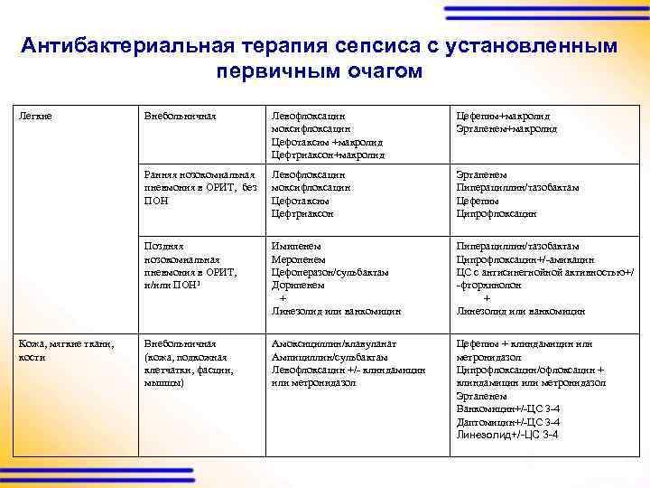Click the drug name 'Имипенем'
295,246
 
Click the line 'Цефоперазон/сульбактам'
330,271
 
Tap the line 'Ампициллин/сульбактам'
328,357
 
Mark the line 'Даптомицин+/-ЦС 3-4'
507,422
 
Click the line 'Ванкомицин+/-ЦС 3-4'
507,409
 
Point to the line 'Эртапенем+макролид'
506,129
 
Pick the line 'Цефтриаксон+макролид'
328,155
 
